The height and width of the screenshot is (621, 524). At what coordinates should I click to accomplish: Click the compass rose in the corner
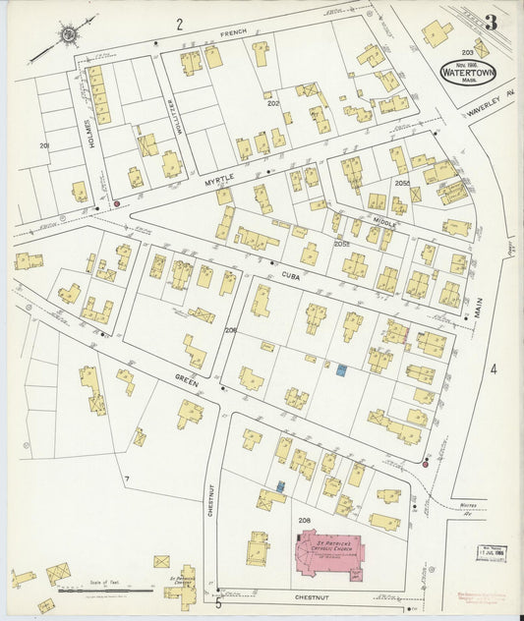69,36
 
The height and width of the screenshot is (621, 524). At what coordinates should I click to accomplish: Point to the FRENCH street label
234,33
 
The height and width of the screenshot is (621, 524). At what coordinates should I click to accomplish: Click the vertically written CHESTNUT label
210,487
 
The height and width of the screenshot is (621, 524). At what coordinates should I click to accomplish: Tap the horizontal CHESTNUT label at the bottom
314,596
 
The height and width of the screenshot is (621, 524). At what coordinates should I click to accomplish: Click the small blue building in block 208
280,486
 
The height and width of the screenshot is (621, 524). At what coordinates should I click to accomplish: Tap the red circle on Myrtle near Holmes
117,203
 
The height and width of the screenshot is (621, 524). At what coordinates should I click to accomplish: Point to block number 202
272,102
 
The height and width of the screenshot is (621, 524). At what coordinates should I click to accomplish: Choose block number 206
230,330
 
